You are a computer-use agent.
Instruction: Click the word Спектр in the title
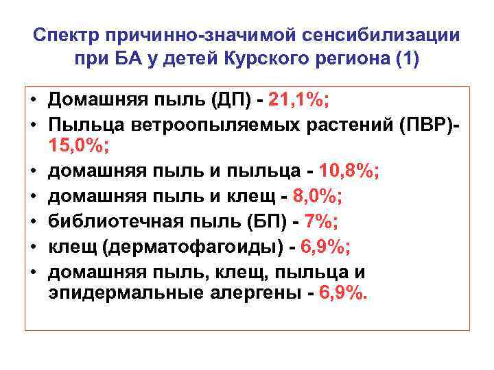tap(68, 35)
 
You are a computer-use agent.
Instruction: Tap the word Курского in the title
tap(261, 58)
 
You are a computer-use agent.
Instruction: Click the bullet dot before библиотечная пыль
tap(32, 222)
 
